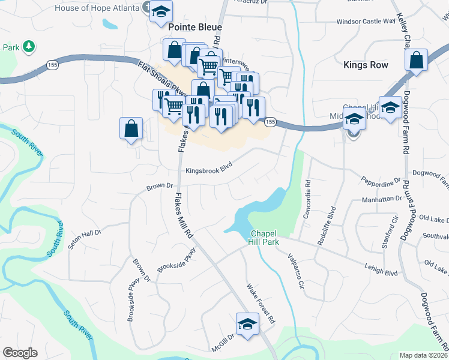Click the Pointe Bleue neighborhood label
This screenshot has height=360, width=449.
click(195, 27)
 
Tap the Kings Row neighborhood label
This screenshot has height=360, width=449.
click(366, 65)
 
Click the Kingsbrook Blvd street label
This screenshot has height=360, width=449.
click(209, 170)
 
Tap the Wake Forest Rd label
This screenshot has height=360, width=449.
click(261, 303)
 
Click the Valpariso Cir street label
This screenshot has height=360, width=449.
click(290, 268)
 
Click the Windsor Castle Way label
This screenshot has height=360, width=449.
click(366, 21)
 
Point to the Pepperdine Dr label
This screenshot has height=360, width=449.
click(381, 181)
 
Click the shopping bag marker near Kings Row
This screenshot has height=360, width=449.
click(416, 60)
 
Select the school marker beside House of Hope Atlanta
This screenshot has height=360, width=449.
click(161, 12)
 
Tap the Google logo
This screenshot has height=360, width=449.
click(20, 353)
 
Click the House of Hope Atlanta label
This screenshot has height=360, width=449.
click(97, 8)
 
